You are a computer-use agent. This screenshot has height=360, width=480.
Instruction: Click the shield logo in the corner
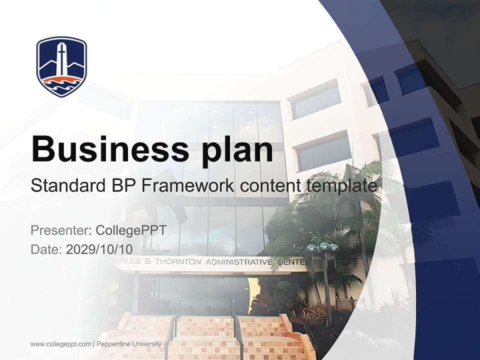tap(61, 66)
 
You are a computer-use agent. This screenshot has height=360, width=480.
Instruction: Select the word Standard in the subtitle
tap(65, 186)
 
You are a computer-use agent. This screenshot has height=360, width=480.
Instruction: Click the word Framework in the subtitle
tap(186, 186)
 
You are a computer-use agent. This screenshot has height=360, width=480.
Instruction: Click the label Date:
tap(46, 249)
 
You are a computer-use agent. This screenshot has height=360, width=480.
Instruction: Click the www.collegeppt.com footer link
tap(60, 344)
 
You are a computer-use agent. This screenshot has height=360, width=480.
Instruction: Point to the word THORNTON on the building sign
tap(177, 261)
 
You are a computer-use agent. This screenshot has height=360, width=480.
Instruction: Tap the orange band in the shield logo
tap(61, 80)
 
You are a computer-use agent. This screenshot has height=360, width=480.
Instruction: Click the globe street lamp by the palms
tap(322, 248)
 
